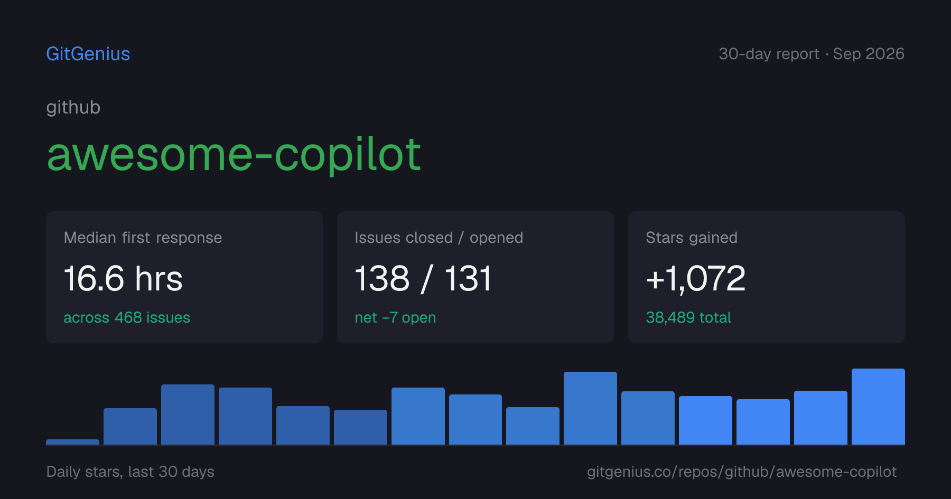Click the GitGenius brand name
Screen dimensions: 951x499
88,54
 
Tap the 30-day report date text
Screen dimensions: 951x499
812,54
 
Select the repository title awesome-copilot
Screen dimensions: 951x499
234,154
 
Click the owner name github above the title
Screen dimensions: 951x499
73,108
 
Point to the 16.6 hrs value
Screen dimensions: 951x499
123,278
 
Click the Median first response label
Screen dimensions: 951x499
143,238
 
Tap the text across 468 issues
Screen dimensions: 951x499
127,317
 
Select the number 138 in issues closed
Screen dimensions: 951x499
382,278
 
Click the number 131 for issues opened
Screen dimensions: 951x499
468,278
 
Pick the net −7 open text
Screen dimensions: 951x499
395,318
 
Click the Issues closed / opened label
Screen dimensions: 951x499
439,238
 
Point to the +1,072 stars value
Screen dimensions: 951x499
696,278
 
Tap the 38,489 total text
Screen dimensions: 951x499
688,317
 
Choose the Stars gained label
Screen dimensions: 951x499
692,238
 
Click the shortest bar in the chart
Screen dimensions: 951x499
72,442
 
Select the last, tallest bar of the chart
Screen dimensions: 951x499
878,407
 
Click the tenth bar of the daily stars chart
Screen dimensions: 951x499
590,408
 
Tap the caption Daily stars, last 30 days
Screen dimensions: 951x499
130,472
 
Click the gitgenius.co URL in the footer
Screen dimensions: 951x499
742,472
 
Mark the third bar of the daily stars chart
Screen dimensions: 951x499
188,415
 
